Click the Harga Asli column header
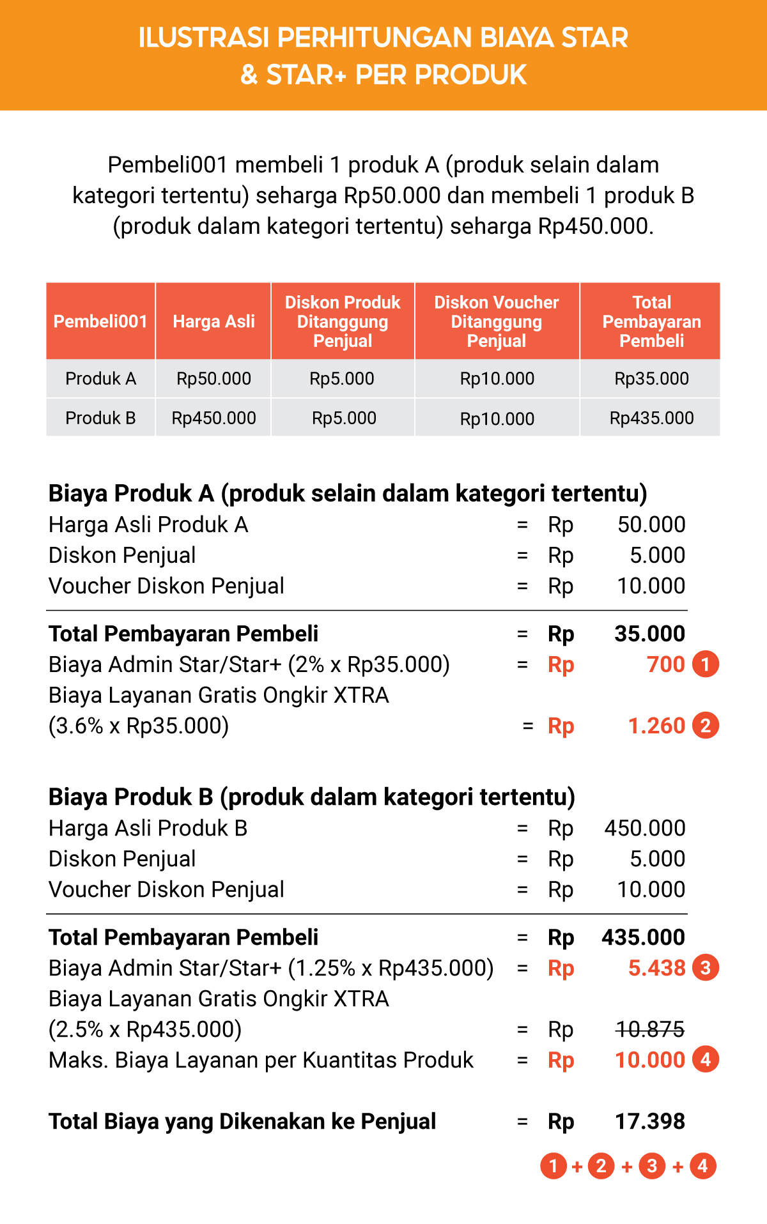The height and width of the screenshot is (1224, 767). click(x=213, y=321)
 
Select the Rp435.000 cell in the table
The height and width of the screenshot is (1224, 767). click(x=651, y=418)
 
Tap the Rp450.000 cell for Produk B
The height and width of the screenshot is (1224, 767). click(x=213, y=418)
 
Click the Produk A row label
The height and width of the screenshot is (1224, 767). click(x=100, y=379)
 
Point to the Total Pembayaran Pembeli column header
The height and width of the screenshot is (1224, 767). click(x=651, y=321)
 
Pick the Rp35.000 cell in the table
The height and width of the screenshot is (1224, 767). click(x=651, y=379)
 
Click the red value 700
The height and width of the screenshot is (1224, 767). click(x=665, y=664)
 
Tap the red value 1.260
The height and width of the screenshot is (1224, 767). click(x=656, y=726)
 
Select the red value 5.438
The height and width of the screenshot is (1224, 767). click(x=656, y=968)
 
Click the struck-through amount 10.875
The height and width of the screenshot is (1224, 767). click(x=650, y=1029)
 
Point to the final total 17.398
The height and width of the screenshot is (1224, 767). click(x=649, y=1121)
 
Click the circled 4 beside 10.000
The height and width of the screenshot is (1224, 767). click(x=706, y=1060)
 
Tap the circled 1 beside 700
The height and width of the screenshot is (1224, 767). click(x=706, y=664)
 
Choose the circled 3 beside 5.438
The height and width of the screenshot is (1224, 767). click(x=706, y=968)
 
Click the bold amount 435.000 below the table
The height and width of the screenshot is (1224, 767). click(x=643, y=937)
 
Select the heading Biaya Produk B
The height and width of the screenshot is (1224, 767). click(x=311, y=797)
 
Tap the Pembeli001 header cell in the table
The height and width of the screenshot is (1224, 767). click(x=100, y=321)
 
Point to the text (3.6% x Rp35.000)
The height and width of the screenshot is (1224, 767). click(x=139, y=726)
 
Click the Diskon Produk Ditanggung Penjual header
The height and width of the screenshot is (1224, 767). click(x=343, y=321)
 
